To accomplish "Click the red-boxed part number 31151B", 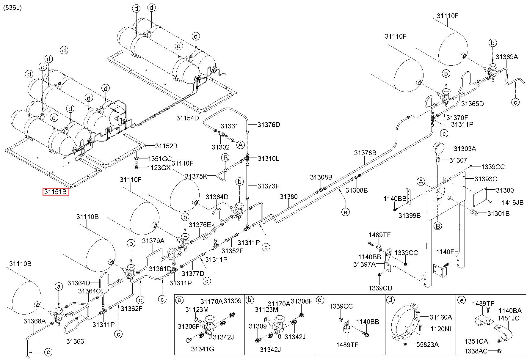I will click(56, 192).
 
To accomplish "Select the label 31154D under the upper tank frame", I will click(187, 118).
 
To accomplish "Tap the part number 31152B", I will click(166, 146).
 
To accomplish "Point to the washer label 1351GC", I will click(160, 159).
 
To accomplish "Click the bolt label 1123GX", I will click(159, 168).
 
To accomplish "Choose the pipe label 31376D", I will click(269, 125).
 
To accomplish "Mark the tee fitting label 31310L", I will click(268, 158).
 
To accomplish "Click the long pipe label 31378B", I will click(365, 153).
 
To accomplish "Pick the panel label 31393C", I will click(486, 179).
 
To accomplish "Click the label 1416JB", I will click(513, 202).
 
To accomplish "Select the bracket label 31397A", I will click(364, 264).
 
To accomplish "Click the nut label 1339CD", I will click(380, 288).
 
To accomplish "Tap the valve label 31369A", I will click(507, 57).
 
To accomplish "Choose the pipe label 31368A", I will click(35, 321).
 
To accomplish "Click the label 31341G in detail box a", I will click(203, 349).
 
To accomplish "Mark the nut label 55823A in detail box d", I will click(427, 345).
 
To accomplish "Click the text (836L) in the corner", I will click(12, 8).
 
